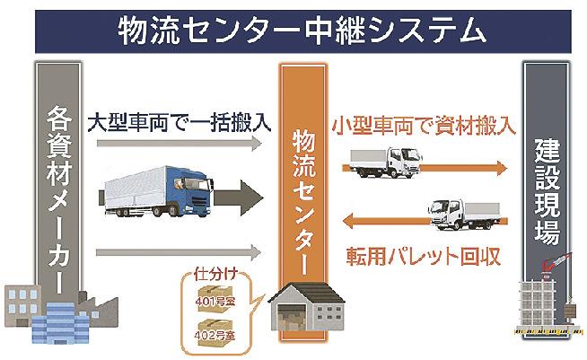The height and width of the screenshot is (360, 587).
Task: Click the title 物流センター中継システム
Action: coord(302,31)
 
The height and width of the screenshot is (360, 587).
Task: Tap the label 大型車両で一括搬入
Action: coord(180,122)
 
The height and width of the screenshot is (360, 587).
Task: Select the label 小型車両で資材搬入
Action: coord(424,126)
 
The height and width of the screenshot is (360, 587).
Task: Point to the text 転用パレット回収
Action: coord(424,257)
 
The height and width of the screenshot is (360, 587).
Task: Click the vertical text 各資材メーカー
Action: coord(59,199)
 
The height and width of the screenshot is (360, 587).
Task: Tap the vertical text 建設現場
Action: coord(547,192)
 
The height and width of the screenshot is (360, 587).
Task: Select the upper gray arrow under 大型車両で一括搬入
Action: coord(179,144)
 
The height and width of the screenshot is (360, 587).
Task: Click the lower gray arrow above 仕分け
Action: coord(179,252)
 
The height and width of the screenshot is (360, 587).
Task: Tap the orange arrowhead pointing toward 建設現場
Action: coord(501,168)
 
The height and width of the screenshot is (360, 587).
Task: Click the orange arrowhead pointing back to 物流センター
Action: coord(349,221)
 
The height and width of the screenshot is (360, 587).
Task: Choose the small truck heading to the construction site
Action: coord(385,162)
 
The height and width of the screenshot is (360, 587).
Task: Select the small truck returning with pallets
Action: coord(465,215)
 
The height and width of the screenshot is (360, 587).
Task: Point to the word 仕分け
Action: coord(215,274)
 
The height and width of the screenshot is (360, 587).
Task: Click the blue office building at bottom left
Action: coord(59,323)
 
